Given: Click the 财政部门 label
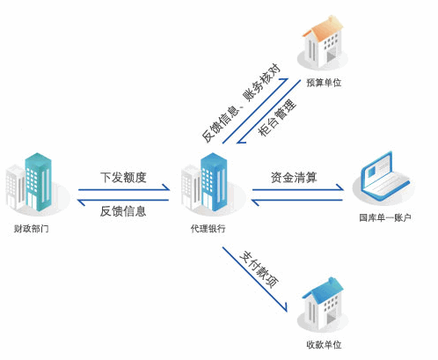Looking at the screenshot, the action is click(x=31, y=228).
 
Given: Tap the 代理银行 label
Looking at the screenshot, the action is click(x=208, y=228).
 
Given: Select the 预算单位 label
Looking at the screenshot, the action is click(x=324, y=83).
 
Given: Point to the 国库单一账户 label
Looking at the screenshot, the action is click(x=385, y=217).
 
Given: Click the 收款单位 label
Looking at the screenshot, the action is click(x=324, y=344).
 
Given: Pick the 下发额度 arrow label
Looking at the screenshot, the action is click(x=123, y=177).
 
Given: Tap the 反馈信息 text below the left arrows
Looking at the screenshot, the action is click(x=123, y=211).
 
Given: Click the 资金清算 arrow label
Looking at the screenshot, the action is click(x=294, y=177).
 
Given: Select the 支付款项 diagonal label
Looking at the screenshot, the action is click(x=259, y=269).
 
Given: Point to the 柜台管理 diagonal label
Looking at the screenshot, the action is click(x=277, y=117).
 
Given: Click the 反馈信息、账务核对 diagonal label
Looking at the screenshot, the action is click(x=241, y=103).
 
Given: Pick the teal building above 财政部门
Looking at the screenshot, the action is click(x=38, y=181).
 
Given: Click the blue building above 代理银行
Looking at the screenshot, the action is click(x=214, y=181).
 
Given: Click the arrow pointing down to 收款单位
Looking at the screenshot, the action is click(x=255, y=279).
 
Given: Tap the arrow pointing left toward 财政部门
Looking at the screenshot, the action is click(x=123, y=201).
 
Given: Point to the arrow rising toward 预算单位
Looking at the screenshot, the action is click(x=255, y=111).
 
